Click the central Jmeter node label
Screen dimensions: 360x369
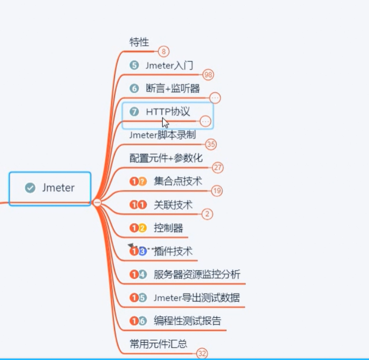coord(58,188)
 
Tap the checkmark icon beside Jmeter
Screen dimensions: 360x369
coord(30,188)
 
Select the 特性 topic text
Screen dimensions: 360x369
coord(139,42)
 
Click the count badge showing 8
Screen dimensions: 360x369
coord(163,51)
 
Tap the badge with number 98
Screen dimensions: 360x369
coord(208,75)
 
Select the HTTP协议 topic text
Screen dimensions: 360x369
coord(168,112)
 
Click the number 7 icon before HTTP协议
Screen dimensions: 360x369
coord(134,112)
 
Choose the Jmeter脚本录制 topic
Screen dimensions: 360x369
coord(162,135)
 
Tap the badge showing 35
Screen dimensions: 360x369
coord(211,144)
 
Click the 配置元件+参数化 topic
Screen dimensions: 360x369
coord(166,158)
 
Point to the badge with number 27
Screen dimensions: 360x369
coord(218,168)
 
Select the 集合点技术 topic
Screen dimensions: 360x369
coord(178,181)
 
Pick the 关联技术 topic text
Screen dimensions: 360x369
coord(173,204)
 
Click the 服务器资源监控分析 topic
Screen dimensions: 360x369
coord(197,274)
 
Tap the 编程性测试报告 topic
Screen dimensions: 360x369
coord(187,321)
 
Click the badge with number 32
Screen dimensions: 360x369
coord(202,354)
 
